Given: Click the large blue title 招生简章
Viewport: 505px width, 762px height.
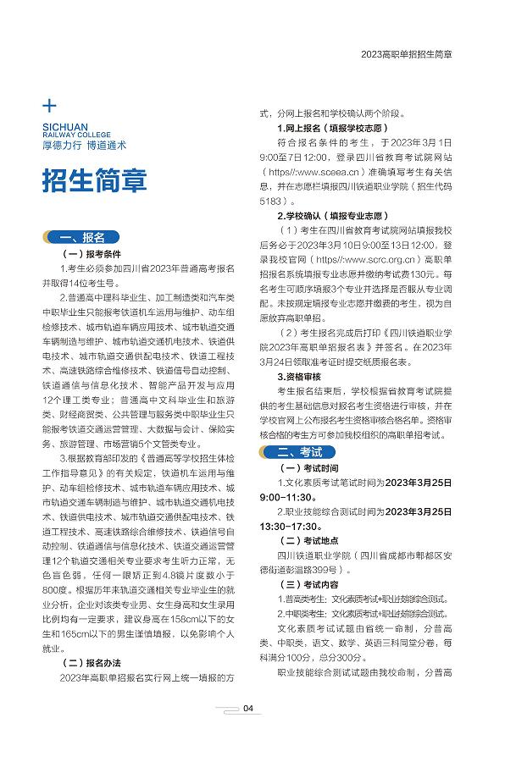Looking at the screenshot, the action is coord(95,180).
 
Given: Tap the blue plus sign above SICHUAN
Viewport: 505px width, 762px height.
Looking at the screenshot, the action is coord(49,107).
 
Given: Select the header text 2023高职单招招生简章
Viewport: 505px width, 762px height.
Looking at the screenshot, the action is coord(406,53).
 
